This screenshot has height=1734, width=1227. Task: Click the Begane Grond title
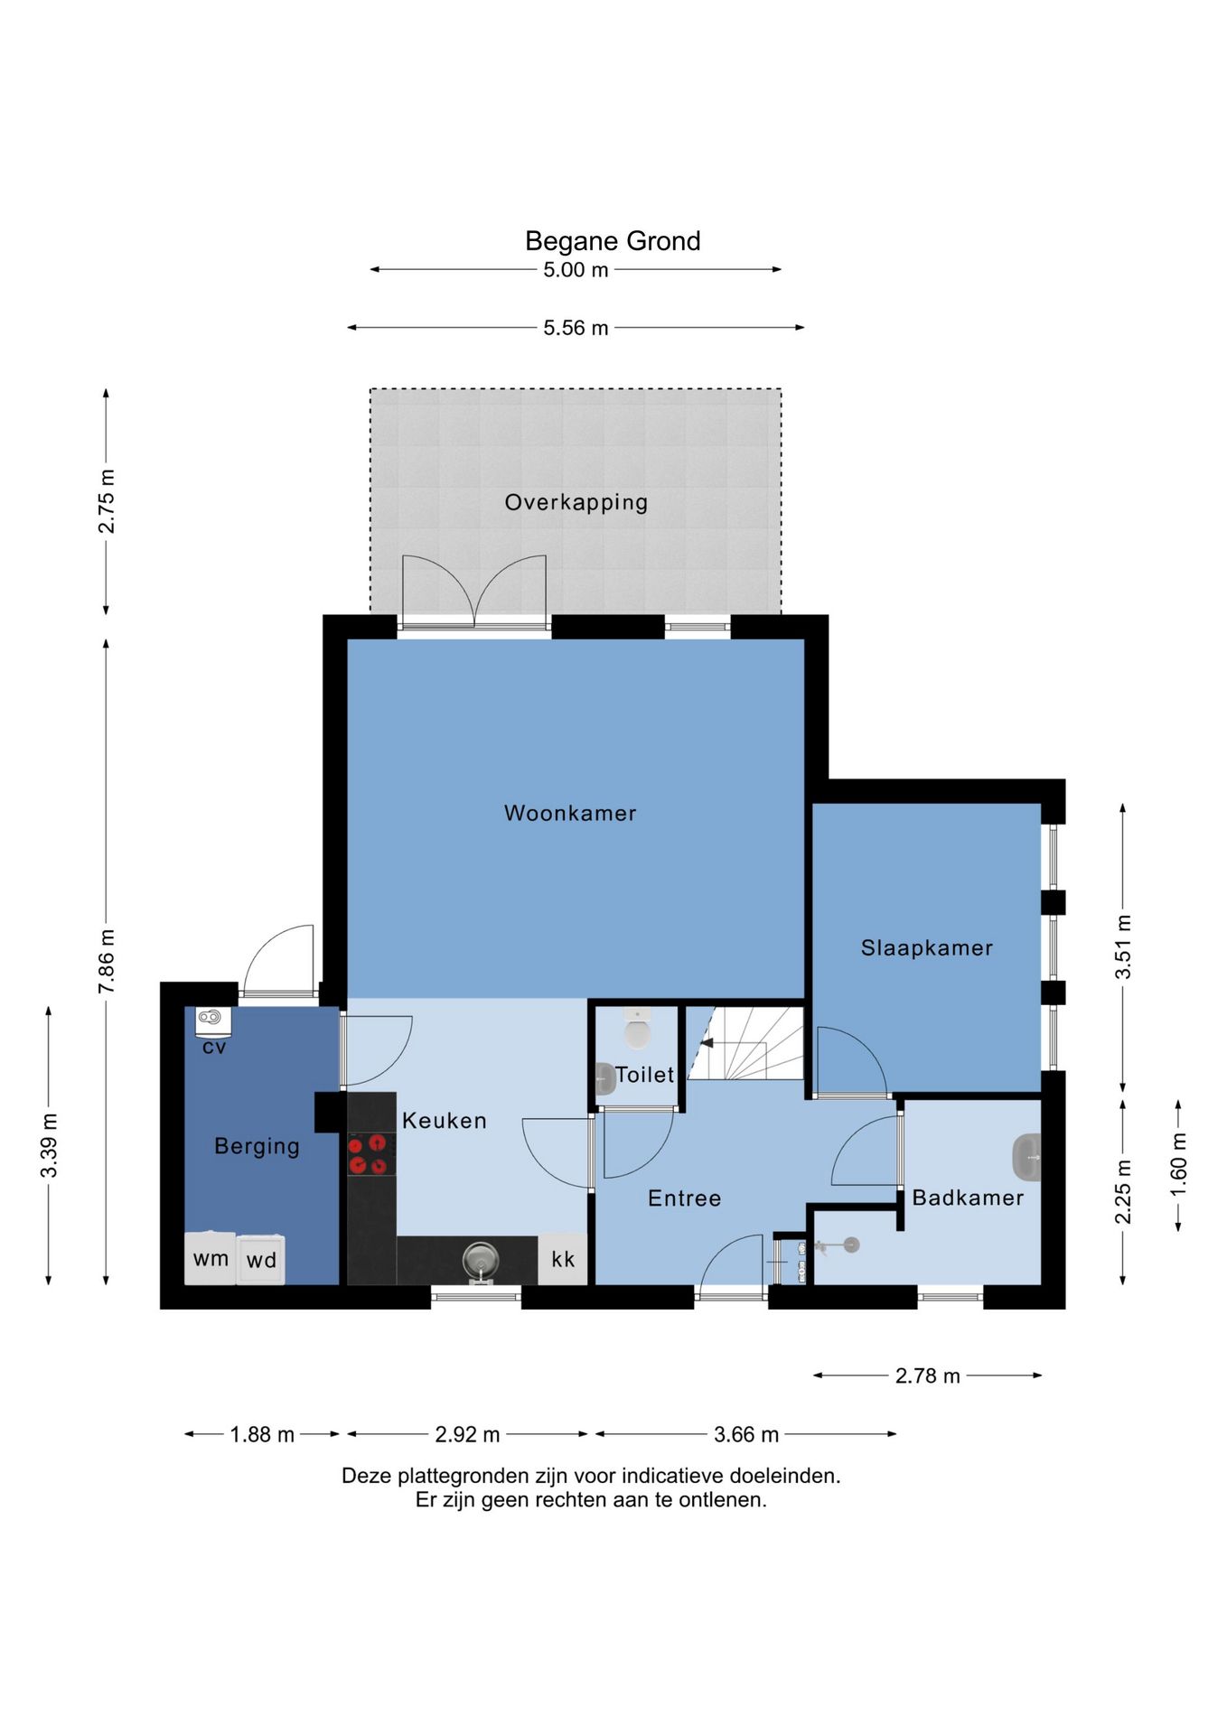pyautogui.click(x=613, y=241)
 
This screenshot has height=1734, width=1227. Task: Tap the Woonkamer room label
pyautogui.click(x=570, y=813)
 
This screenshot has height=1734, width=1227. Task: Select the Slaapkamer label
pyautogui.click(x=926, y=948)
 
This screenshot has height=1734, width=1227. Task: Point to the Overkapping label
pyautogui.click(x=576, y=503)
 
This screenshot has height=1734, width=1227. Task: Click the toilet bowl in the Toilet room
pyautogui.click(x=637, y=1029)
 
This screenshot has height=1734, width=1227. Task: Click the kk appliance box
pyautogui.click(x=563, y=1258)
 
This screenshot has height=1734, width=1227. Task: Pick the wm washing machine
pyautogui.click(x=211, y=1258)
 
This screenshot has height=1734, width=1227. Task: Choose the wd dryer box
pyautogui.click(x=261, y=1259)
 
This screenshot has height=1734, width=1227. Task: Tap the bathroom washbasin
pyautogui.click(x=1026, y=1157)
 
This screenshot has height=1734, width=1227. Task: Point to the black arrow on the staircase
pyautogui.click(x=707, y=1043)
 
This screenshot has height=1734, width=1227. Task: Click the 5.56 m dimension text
pyautogui.click(x=576, y=328)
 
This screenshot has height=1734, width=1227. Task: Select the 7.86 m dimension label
pyautogui.click(x=107, y=961)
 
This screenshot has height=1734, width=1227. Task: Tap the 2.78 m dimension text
pyautogui.click(x=927, y=1375)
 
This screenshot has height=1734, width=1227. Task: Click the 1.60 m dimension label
pyautogui.click(x=1178, y=1165)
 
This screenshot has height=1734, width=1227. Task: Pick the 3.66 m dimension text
pyautogui.click(x=746, y=1434)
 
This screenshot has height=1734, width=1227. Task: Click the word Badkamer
pyautogui.click(x=968, y=1198)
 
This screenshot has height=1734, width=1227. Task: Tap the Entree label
pyautogui.click(x=685, y=1198)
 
